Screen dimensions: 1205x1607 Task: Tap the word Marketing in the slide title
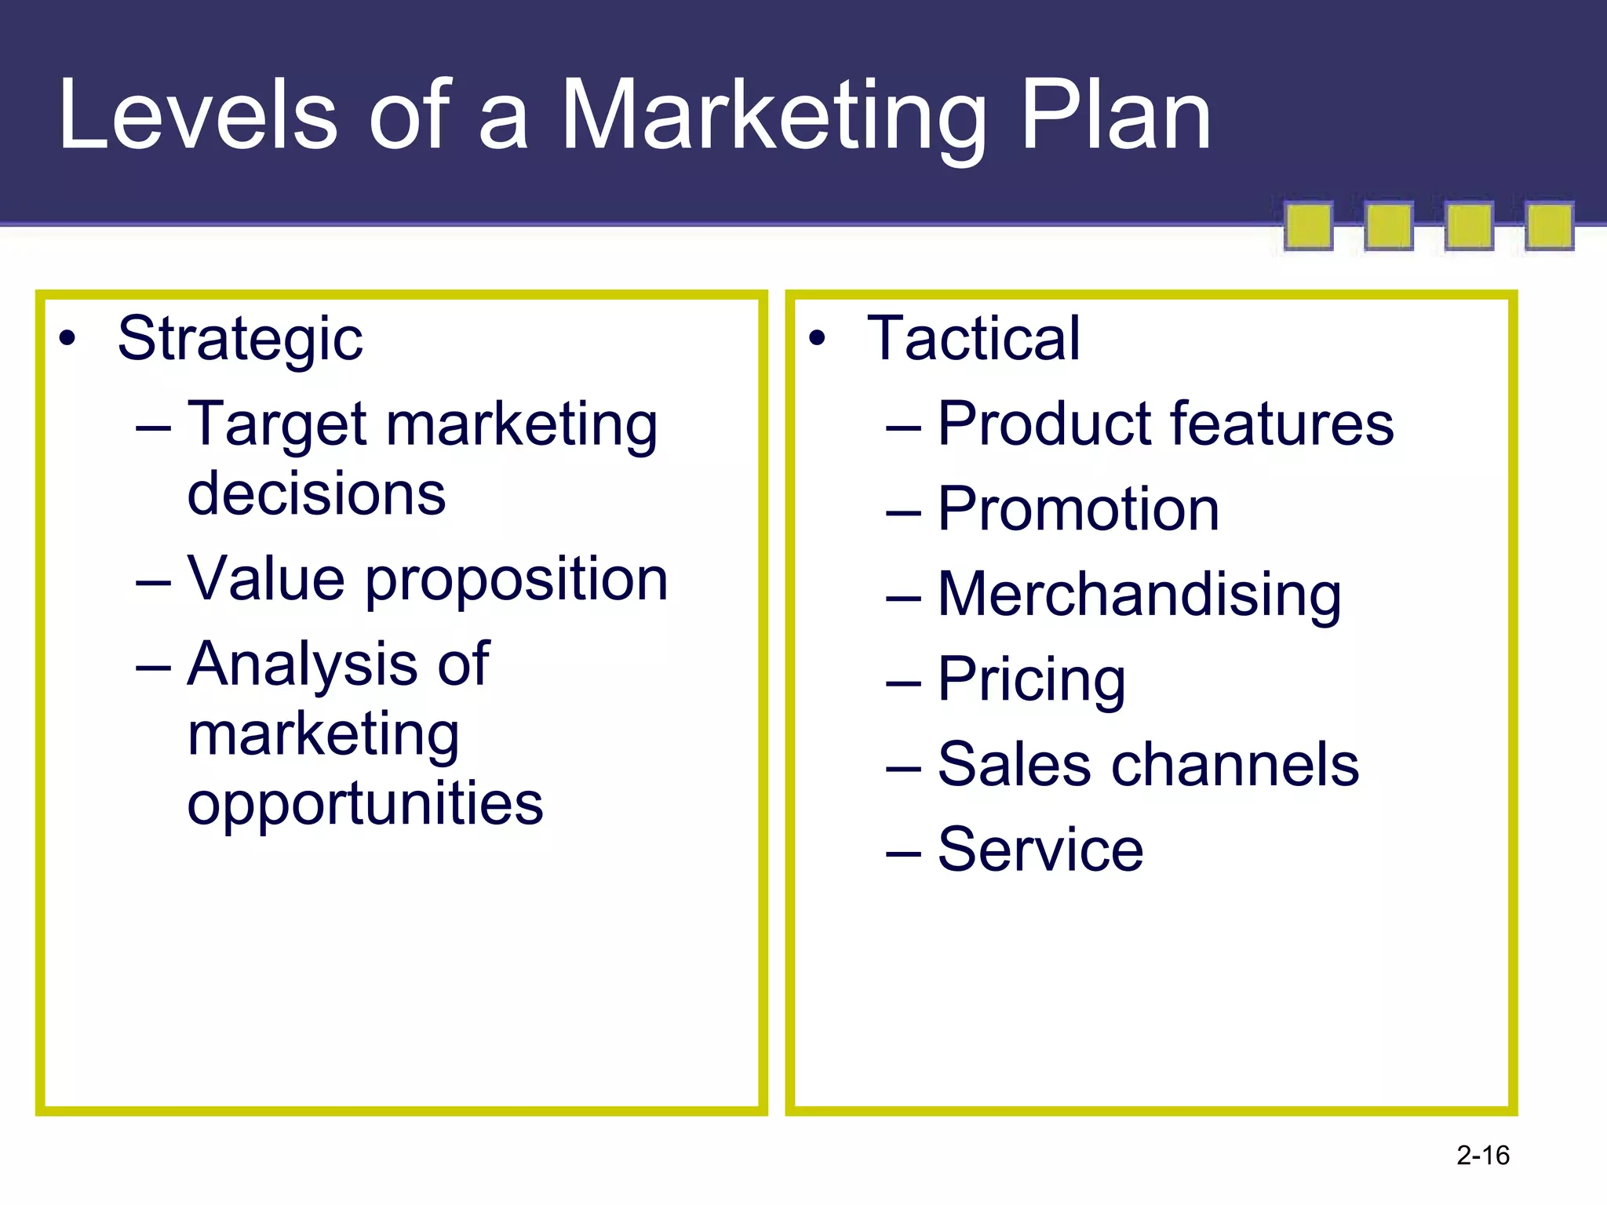773,116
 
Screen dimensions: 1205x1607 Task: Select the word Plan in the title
1115,116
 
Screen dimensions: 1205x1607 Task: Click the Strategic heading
240,339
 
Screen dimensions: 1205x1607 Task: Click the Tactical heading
974,339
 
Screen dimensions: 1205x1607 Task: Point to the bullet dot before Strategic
68,339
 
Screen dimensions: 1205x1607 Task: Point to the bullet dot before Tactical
818,339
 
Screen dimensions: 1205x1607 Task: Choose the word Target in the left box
277,424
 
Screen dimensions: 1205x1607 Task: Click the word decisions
316,494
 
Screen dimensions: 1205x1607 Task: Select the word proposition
516,579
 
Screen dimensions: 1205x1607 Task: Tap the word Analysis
302,664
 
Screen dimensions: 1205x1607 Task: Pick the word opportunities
365,803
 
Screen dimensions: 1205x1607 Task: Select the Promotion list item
1078,509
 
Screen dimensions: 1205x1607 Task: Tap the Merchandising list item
1139,595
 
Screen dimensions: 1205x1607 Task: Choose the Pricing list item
1031,679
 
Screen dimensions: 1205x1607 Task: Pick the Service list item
1040,850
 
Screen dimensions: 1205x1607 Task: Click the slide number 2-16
1482,1156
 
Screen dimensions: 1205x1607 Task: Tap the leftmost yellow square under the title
1308,226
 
